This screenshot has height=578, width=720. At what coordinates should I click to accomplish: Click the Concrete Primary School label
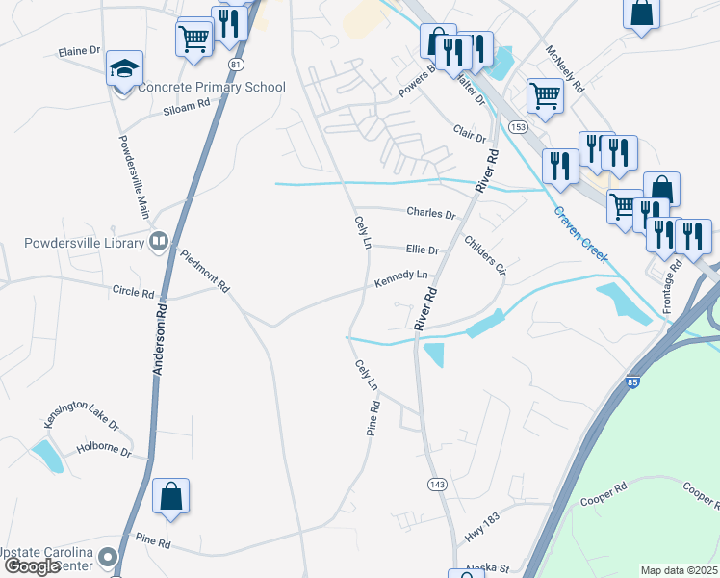pyautogui.click(x=212, y=87)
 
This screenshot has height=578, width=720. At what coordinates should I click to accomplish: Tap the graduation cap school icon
pyautogui.click(x=124, y=68)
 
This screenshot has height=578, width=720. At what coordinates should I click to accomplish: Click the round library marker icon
pyautogui.click(x=159, y=241)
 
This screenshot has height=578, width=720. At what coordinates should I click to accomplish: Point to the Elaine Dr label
pyautogui.click(x=79, y=50)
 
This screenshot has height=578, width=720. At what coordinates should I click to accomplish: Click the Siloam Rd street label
pyautogui.click(x=187, y=106)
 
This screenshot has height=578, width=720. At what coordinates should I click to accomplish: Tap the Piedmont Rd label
pyautogui.click(x=205, y=271)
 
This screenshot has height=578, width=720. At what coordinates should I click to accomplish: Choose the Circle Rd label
pyautogui.click(x=133, y=291)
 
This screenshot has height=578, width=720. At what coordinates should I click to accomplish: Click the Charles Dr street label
pyautogui.click(x=430, y=213)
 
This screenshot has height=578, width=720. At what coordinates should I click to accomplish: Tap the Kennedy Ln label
pyautogui.click(x=400, y=280)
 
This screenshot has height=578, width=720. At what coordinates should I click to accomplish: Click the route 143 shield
pyautogui.click(x=437, y=484)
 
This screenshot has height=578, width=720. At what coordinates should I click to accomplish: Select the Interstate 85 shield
pyautogui.click(x=632, y=382)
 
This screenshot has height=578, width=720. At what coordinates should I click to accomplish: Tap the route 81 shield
pyautogui.click(x=236, y=63)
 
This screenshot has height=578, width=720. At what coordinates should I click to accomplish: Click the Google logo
pyautogui.click(x=34, y=565)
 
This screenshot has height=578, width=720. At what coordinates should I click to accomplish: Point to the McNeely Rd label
pyautogui.click(x=565, y=68)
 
